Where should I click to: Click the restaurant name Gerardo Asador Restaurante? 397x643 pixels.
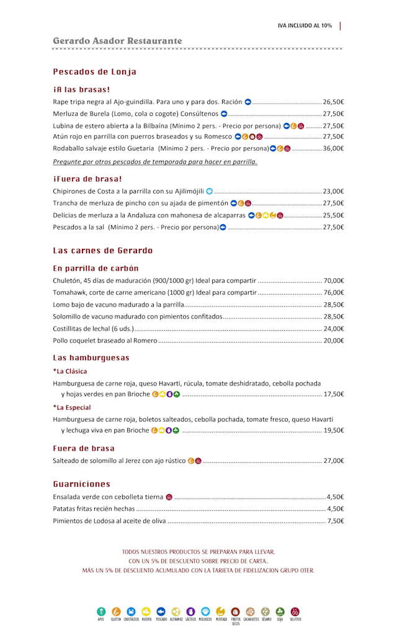(117, 41)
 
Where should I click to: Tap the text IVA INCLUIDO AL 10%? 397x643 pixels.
(305, 25)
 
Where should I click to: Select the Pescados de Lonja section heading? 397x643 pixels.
(94, 72)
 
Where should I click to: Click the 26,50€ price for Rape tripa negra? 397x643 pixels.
(333, 102)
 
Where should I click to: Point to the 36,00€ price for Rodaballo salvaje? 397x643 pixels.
(333, 148)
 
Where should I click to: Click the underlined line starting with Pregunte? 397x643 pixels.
(155, 161)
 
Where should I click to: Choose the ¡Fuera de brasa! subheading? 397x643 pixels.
(87, 179)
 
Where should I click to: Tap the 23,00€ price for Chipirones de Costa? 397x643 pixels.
(333, 191)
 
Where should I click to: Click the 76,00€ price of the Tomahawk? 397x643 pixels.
(333, 292)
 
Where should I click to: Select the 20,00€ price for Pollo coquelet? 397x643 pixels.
(333, 340)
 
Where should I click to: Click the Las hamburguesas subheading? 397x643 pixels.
(91, 357)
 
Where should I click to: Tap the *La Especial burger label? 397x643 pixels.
(72, 407)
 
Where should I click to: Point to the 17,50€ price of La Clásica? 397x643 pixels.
(333, 394)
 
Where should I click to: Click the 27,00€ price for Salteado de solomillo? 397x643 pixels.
(333, 461)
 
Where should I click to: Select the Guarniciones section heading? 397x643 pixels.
(81, 483)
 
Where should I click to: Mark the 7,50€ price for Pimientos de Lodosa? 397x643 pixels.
(335, 521)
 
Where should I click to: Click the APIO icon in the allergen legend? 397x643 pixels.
(100, 611)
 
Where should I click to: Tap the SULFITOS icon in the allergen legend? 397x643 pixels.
(295, 611)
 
